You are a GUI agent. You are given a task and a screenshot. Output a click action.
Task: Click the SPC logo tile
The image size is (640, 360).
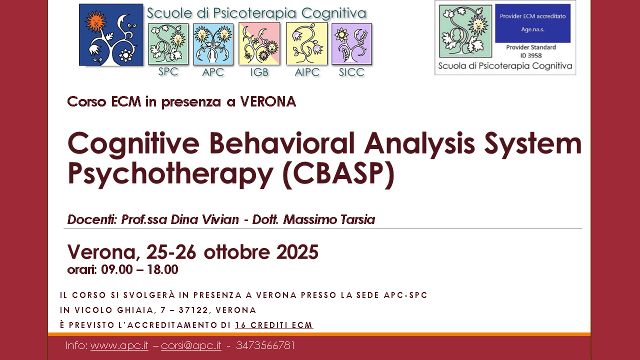click(168, 44)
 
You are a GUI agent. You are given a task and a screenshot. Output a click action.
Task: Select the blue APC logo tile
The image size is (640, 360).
click(213, 44)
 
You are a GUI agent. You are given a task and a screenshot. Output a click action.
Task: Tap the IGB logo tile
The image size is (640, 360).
click(259, 44)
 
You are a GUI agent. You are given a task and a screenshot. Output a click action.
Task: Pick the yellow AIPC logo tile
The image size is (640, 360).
click(306, 44)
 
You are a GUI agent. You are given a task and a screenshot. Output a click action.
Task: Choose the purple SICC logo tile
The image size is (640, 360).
click(351, 44)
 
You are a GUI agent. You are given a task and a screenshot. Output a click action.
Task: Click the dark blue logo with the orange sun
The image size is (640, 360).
click(111, 35)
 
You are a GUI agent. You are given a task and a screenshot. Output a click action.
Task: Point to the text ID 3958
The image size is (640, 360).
click(530, 55)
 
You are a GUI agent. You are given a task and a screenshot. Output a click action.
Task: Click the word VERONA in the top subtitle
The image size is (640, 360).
click(268, 102)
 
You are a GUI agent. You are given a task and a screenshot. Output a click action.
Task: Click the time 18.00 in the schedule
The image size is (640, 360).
click(161, 270)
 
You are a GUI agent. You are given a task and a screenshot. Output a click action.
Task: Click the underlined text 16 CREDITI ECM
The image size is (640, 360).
click(274, 325)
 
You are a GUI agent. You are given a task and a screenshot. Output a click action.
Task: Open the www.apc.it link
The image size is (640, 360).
click(119, 345)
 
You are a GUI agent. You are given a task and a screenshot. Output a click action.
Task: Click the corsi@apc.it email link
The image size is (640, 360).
click(191, 345)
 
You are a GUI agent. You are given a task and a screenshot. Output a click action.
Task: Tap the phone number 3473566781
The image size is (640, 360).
click(265, 345)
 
